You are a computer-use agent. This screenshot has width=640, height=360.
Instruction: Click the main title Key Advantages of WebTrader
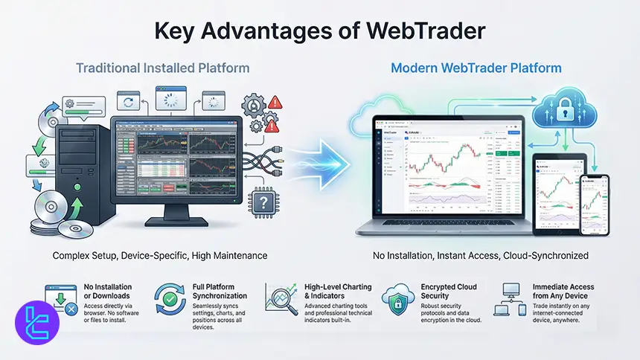(x=319, y=31)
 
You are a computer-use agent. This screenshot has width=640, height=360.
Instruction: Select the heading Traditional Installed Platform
(x=162, y=68)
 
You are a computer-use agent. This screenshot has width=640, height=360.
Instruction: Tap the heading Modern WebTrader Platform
(x=476, y=68)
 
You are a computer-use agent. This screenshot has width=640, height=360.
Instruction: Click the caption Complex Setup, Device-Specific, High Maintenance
(x=159, y=256)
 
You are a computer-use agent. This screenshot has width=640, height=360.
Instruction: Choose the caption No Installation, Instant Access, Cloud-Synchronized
(x=481, y=256)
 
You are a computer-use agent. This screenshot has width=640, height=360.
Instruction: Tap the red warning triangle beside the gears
(x=278, y=103)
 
